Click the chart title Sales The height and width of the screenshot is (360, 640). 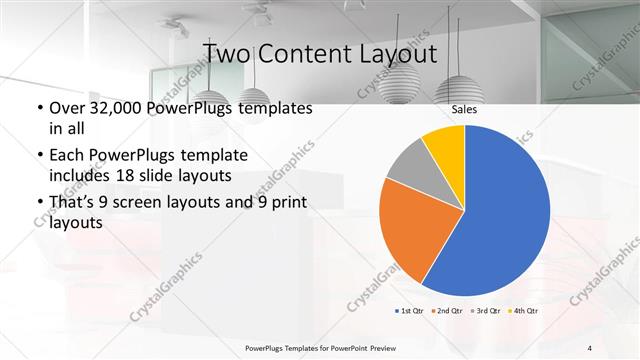click(x=464, y=109)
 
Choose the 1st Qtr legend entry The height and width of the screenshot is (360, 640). click(x=410, y=311)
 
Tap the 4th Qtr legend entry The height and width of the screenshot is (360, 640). click(x=524, y=311)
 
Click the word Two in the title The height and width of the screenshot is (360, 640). click(x=231, y=52)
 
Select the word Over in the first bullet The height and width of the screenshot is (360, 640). click(x=63, y=108)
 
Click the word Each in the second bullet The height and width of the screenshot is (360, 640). click(x=63, y=156)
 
